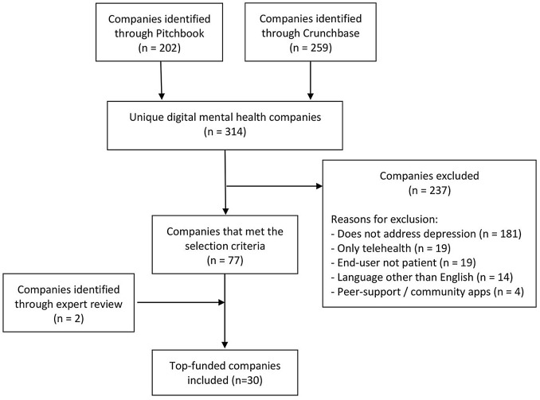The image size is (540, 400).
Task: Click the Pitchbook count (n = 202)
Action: [159, 48]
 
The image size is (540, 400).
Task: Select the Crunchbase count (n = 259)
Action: [311, 48]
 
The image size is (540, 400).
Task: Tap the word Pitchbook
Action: [180, 33]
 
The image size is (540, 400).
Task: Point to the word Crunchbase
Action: [331, 33]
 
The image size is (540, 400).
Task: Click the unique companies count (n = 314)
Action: [225, 132]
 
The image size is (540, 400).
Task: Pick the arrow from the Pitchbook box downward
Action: [161, 80]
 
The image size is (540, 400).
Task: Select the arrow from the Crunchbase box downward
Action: [311, 80]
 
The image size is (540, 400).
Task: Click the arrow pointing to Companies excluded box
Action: [274, 186]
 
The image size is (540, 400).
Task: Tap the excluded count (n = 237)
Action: [429, 190]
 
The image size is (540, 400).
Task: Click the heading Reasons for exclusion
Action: [384, 219]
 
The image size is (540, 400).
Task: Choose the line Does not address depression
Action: [426, 234]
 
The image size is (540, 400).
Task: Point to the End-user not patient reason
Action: [403, 262]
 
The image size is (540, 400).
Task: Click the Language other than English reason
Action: [422, 278]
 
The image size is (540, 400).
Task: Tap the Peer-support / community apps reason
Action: [428, 292]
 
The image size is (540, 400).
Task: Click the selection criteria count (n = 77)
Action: [225, 260]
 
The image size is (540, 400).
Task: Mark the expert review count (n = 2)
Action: [68, 318]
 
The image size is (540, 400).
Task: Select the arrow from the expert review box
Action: [181, 302]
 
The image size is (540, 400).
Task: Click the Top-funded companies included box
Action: [225, 372]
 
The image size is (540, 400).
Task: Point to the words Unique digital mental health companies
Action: [225, 117]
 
